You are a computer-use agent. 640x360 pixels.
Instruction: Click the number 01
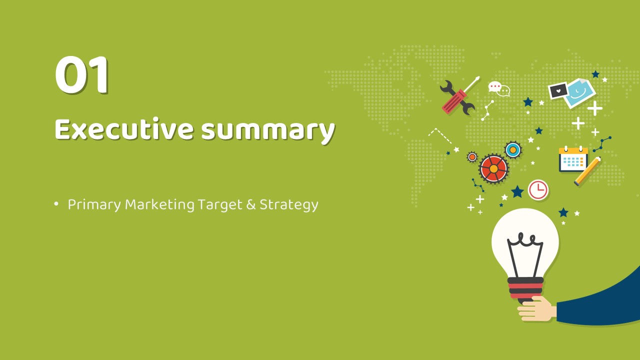[81, 74]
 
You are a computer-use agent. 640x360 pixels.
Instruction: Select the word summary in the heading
[268, 131]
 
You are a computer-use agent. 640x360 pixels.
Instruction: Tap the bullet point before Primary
[56, 203]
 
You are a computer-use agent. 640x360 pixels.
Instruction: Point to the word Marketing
[159, 204]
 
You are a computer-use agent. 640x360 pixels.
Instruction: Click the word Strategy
[289, 205]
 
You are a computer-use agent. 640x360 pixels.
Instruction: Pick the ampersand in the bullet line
[251, 204]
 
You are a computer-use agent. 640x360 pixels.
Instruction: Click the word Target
[220, 205]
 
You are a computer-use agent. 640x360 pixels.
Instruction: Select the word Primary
[94, 205]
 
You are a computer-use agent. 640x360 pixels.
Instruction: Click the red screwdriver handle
[454, 101]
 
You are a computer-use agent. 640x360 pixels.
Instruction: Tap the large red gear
[493, 168]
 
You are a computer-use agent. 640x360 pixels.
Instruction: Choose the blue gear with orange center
[513, 149]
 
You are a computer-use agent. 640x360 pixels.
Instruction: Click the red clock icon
[538, 189]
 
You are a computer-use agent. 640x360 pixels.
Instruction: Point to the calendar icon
[573, 159]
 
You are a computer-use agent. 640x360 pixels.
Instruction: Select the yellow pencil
[587, 171]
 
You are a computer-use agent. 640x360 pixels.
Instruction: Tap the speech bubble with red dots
[494, 86]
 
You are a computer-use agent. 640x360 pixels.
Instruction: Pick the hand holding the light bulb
[537, 309]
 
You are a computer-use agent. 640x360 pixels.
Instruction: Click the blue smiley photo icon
[580, 93]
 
